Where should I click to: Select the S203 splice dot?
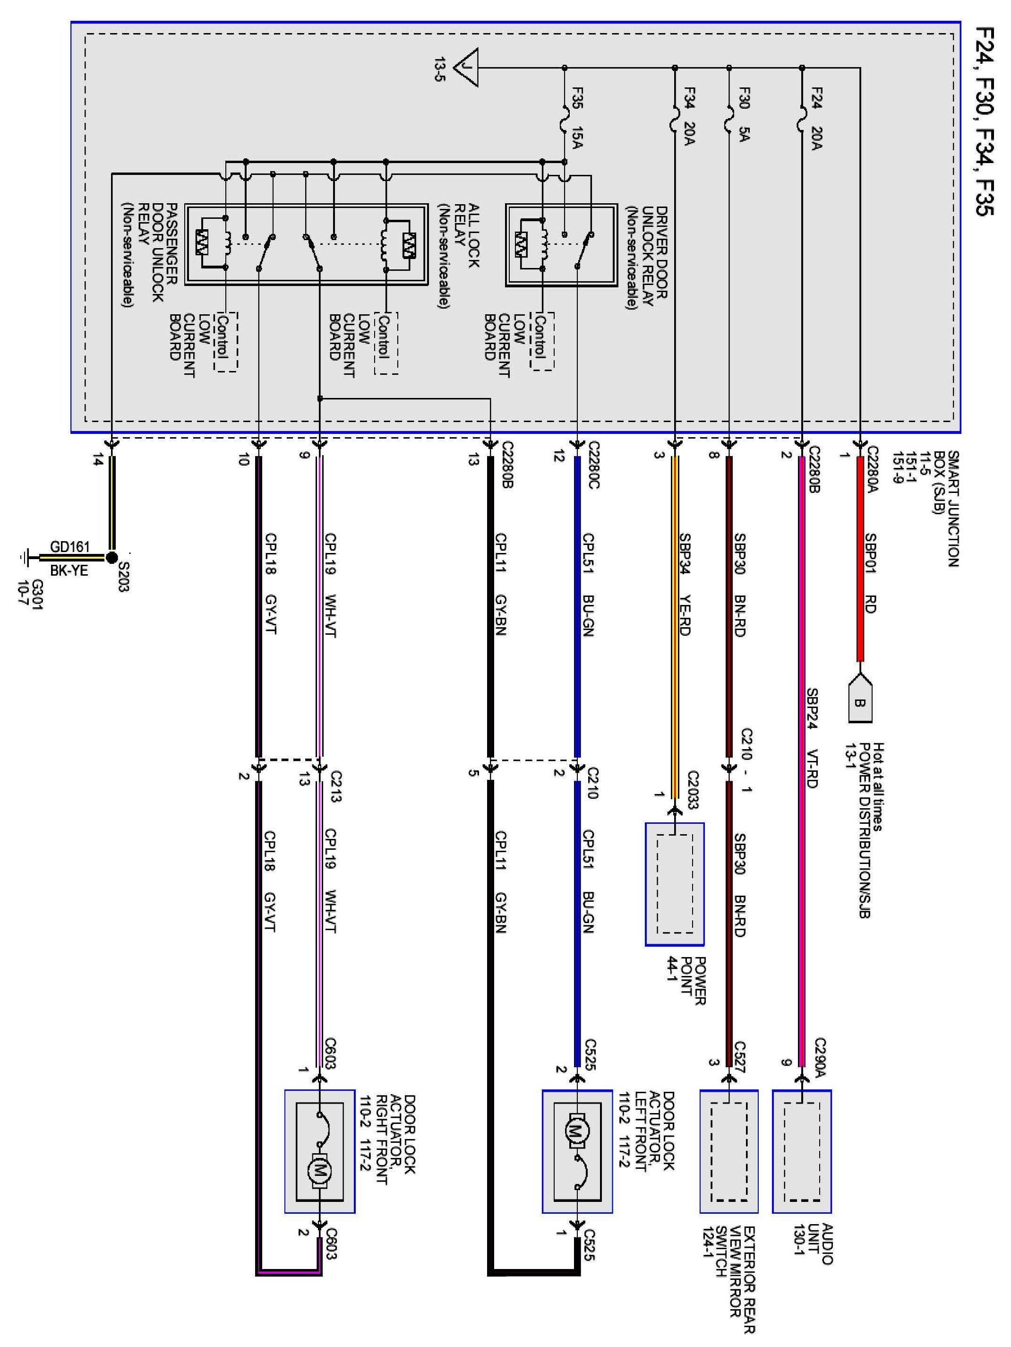[111, 557]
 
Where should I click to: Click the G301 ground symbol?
[25, 557]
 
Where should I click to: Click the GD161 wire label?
[70, 546]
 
